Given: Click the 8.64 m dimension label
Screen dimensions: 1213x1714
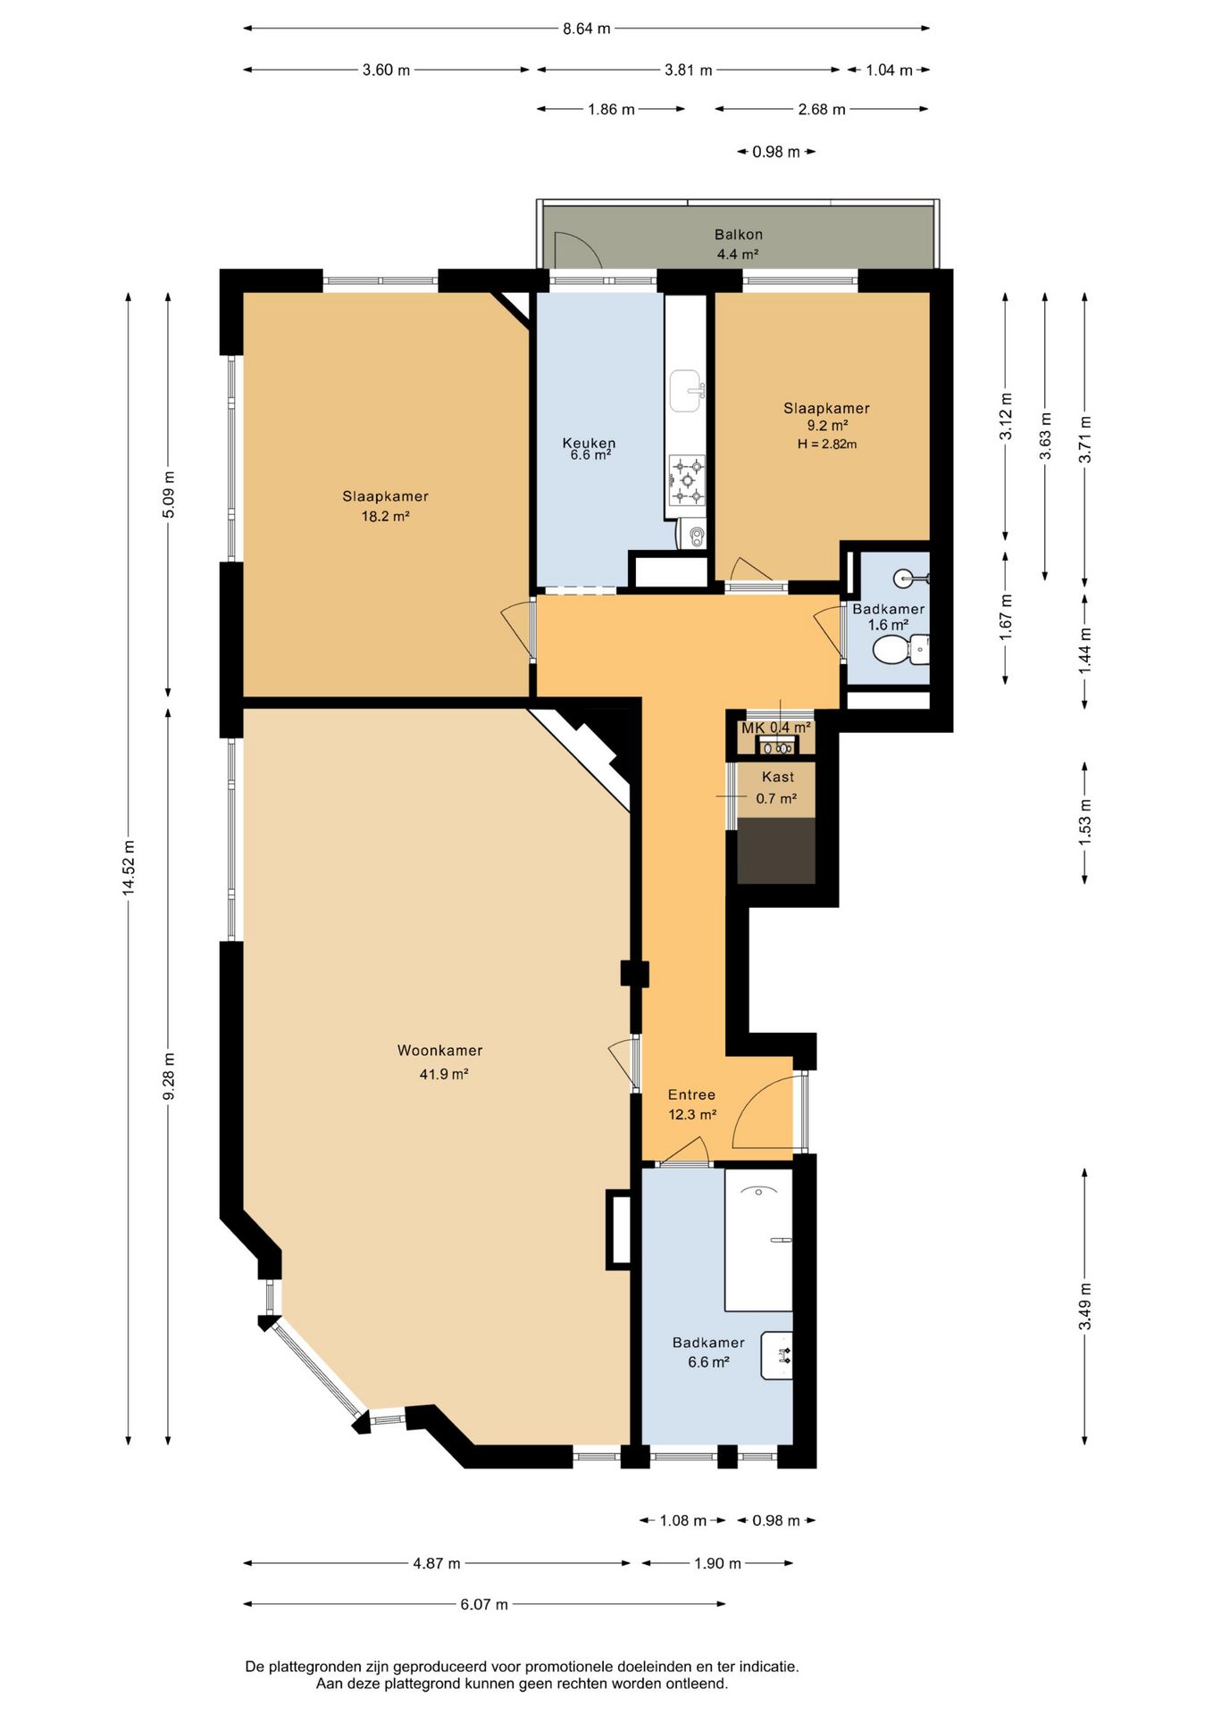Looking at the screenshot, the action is [586, 29].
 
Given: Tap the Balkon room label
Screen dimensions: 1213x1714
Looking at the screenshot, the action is [739, 235].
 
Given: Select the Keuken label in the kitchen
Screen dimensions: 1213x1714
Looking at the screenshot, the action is [589, 443].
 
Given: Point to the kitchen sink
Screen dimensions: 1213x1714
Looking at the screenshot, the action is [687, 392].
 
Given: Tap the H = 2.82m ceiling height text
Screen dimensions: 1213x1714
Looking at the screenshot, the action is [827, 444].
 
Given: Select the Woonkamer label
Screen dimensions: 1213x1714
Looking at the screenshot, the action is [439, 1051].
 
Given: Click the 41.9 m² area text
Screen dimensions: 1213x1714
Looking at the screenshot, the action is [444, 1074].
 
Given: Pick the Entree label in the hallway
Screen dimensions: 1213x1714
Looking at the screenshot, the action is [691, 1094].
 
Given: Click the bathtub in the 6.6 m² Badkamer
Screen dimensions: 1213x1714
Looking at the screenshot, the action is [758, 1240].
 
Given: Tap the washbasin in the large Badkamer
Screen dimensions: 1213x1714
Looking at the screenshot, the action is [777, 1355].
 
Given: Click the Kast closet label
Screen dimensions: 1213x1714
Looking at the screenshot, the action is [778, 777].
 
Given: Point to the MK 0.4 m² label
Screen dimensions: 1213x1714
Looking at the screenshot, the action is [776, 728].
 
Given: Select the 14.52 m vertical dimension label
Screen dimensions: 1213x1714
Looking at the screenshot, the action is [130, 867].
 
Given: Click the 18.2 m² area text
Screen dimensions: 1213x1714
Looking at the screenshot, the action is [385, 516].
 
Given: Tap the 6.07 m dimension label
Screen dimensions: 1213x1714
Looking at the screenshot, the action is [484, 1604].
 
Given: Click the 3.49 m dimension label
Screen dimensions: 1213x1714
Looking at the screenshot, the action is [1085, 1306].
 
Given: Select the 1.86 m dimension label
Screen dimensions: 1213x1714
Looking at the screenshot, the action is [611, 110].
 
